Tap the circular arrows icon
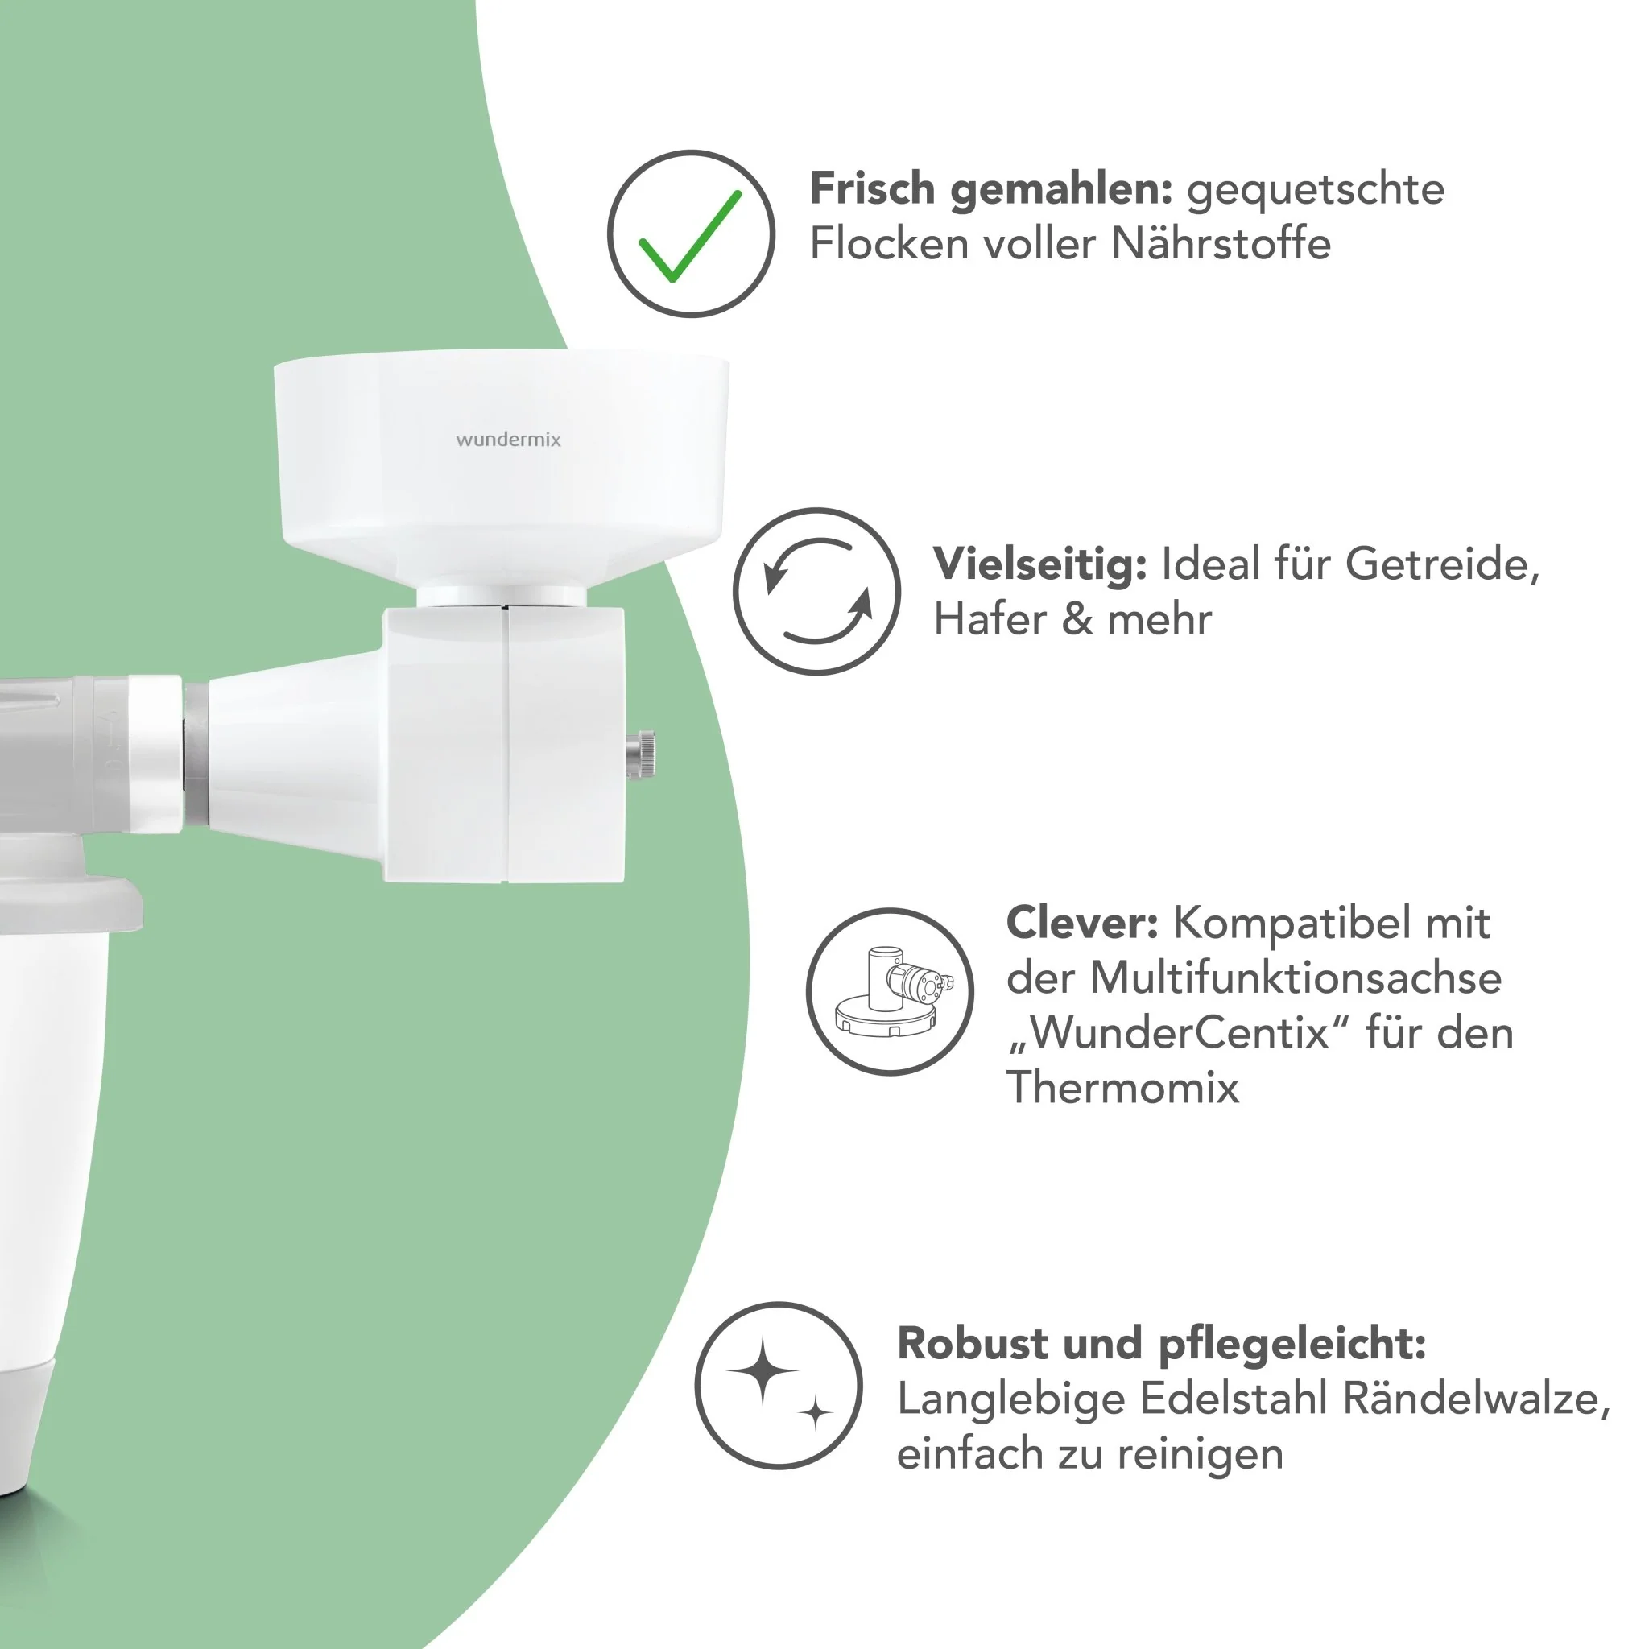pos(816,592)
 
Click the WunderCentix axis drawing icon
pos(890,991)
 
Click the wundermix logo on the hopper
pos(509,440)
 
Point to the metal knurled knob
pos(641,754)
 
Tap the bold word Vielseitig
pos(1039,565)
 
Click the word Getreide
pos(1441,564)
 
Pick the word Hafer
pos(990,619)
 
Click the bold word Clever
pos(1082,923)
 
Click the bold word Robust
pos(971,1344)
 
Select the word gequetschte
pos(1316,190)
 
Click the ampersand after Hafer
pos(1077,619)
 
